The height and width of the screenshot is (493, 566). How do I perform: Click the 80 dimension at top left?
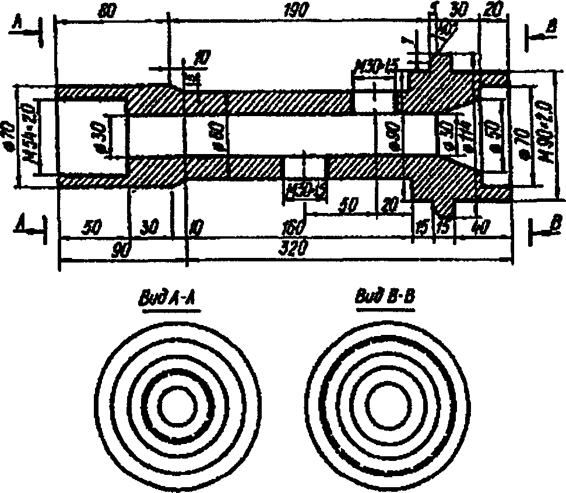click(x=107, y=11)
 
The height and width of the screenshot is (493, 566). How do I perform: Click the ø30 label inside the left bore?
click(x=98, y=136)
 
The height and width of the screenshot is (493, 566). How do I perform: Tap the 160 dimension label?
click(x=291, y=226)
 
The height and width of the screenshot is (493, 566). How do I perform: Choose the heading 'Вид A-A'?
click(x=168, y=299)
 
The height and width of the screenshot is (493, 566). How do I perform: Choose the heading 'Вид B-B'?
click(x=385, y=298)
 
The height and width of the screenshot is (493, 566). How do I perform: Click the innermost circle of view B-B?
click(x=386, y=402)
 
